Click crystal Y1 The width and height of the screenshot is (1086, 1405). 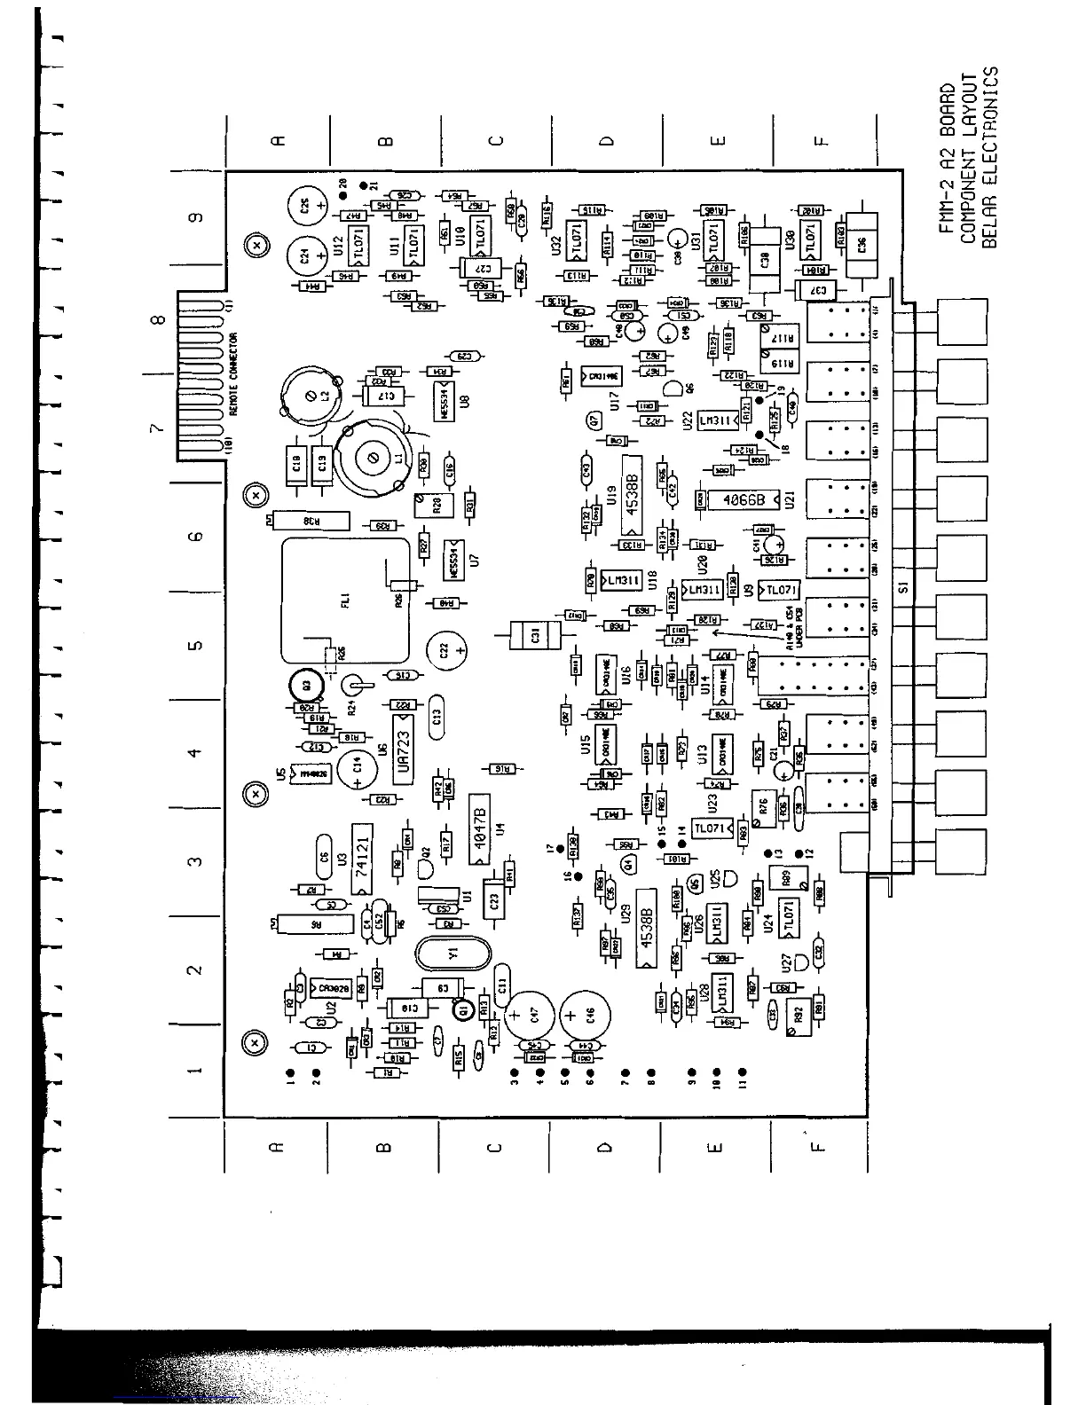[452, 954]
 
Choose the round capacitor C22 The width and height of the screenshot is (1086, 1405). [448, 651]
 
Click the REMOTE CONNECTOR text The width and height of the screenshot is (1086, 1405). [235, 373]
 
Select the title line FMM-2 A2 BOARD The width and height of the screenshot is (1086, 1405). [947, 157]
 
